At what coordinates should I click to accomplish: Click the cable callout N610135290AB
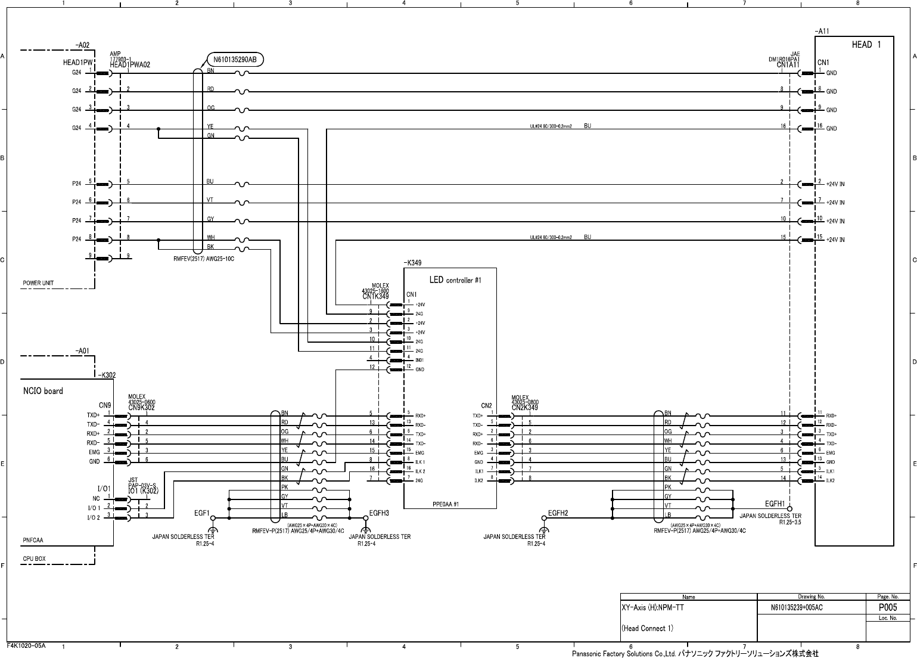[x=235, y=60]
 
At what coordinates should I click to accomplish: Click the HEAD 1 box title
[x=865, y=45]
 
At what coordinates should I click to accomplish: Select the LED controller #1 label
[x=455, y=280]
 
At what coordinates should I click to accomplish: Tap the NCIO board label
[x=43, y=391]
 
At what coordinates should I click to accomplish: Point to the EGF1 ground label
[x=203, y=513]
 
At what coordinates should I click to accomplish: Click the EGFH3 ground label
[x=379, y=513]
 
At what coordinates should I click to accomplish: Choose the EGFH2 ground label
[x=558, y=513]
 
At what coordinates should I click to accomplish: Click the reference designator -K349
[x=414, y=263]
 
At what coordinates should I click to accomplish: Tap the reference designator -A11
[x=822, y=31]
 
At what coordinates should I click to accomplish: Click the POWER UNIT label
[x=38, y=283]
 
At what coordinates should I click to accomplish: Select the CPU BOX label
[x=34, y=559]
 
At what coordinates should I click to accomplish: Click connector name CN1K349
[x=375, y=296]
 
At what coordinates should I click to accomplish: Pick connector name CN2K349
[x=524, y=408]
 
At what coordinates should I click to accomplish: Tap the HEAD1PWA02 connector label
[x=130, y=65]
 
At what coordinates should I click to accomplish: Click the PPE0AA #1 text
[x=446, y=504]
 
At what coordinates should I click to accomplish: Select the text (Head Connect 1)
[x=647, y=628]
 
